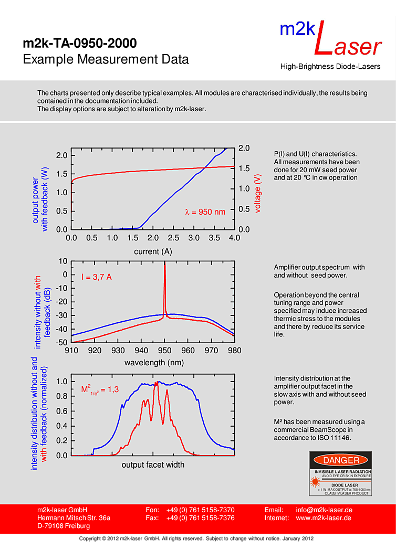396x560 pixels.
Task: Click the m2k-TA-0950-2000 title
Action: [x=80, y=43]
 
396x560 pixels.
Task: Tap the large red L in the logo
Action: [x=321, y=40]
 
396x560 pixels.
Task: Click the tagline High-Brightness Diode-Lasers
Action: [x=331, y=67]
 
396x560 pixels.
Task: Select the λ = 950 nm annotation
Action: [x=205, y=212]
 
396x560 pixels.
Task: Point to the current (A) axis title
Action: [x=153, y=251]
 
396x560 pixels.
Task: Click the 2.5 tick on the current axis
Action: [x=173, y=238]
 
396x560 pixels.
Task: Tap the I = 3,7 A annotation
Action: [x=96, y=277]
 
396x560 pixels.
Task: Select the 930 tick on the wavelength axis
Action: [x=118, y=350]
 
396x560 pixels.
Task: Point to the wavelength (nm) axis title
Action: [x=154, y=363]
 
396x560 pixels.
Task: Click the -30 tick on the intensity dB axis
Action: [x=61, y=315]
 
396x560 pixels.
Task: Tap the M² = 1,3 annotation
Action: [x=100, y=389]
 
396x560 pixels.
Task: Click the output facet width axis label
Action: [x=153, y=464]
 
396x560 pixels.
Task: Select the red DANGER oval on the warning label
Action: [x=341, y=460]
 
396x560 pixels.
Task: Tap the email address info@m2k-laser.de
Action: [x=324, y=510]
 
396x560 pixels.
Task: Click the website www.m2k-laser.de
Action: [x=324, y=518]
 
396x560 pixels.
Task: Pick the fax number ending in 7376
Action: [x=200, y=518]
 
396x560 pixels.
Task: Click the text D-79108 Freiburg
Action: [x=64, y=526]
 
